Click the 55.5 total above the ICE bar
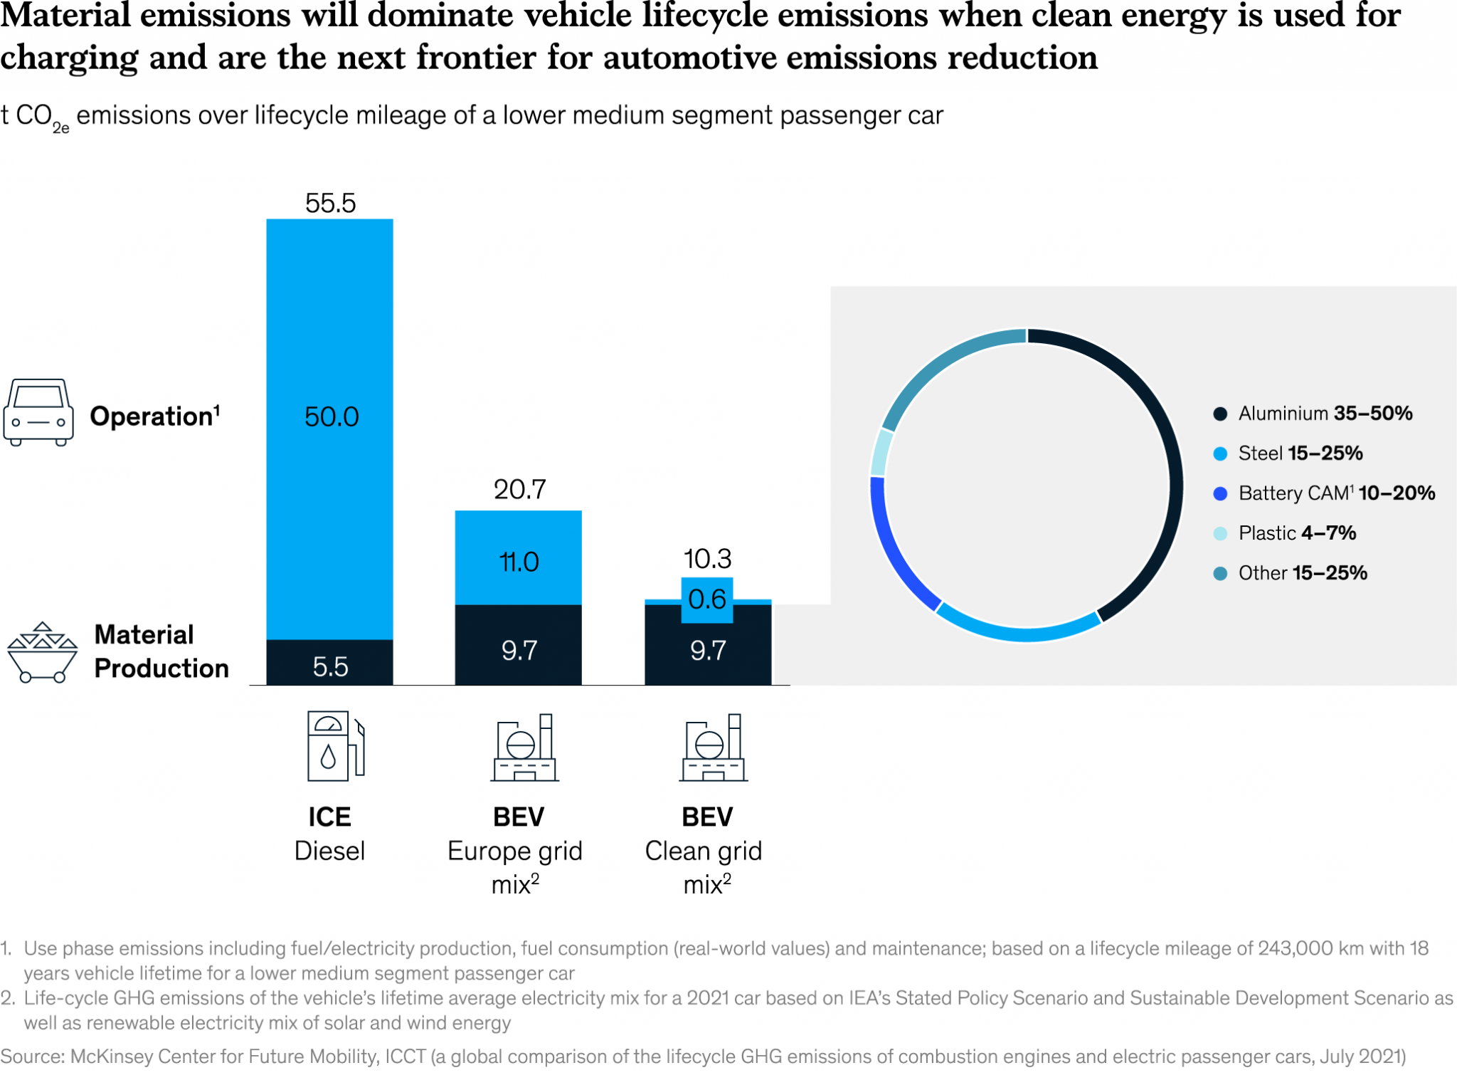click(x=330, y=204)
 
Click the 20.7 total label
click(x=519, y=490)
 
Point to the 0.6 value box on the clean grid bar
click(x=707, y=599)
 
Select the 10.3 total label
click(x=707, y=559)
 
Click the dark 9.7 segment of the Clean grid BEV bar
click(x=707, y=651)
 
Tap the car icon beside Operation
click(x=38, y=412)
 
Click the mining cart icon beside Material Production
click(x=41, y=652)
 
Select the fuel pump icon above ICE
click(x=335, y=746)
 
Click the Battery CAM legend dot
click(x=1220, y=493)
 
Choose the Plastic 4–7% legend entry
click(x=1296, y=533)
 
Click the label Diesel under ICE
click(x=329, y=851)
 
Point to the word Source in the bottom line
click(x=31, y=1056)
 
